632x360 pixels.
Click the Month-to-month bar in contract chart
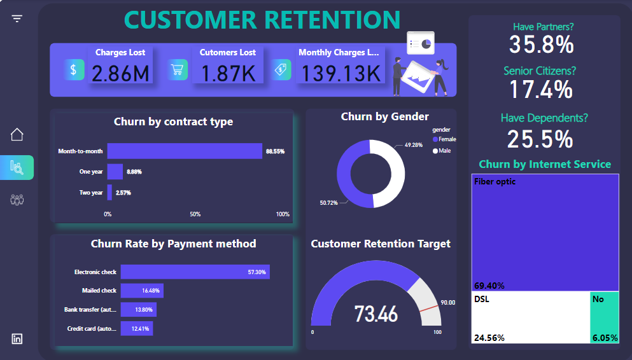(x=185, y=151)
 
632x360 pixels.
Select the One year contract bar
(x=115, y=172)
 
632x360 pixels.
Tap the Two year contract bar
(x=109, y=192)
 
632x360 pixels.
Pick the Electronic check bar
(x=195, y=272)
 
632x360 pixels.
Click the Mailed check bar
(x=142, y=291)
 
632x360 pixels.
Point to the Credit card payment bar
(x=137, y=329)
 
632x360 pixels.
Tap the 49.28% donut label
(x=413, y=146)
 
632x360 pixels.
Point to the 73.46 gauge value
(x=376, y=314)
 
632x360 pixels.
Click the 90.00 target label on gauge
(x=448, y=303)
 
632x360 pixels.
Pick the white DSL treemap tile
(x=530, y=317)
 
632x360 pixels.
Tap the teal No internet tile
(x=604, y=317)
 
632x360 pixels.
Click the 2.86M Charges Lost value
(x=120, y=73)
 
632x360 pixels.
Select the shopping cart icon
(x=178, y=69)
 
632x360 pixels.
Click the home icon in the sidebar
(x=17, y=134)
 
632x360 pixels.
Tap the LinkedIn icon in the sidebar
(x=17, y=339)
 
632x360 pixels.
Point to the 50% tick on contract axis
(x=195, y=214)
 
